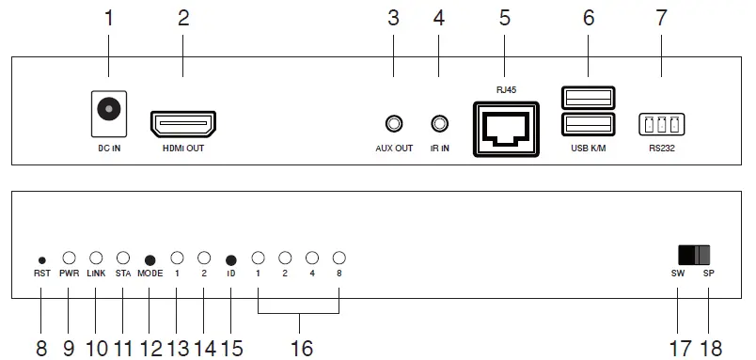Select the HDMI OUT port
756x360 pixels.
183,123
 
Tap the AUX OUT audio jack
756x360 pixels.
394,123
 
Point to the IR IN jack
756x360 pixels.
438,123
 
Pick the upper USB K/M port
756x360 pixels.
589,98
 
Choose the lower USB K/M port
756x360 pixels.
589,125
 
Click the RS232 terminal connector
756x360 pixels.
660,124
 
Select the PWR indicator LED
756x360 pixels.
69,257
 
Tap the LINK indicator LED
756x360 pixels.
96,257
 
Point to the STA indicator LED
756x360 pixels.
123,257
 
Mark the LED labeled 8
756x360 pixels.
339,257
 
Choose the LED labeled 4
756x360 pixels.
311,257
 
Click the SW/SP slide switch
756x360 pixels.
694,254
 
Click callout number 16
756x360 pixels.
300,348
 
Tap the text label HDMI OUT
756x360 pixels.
183,148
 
